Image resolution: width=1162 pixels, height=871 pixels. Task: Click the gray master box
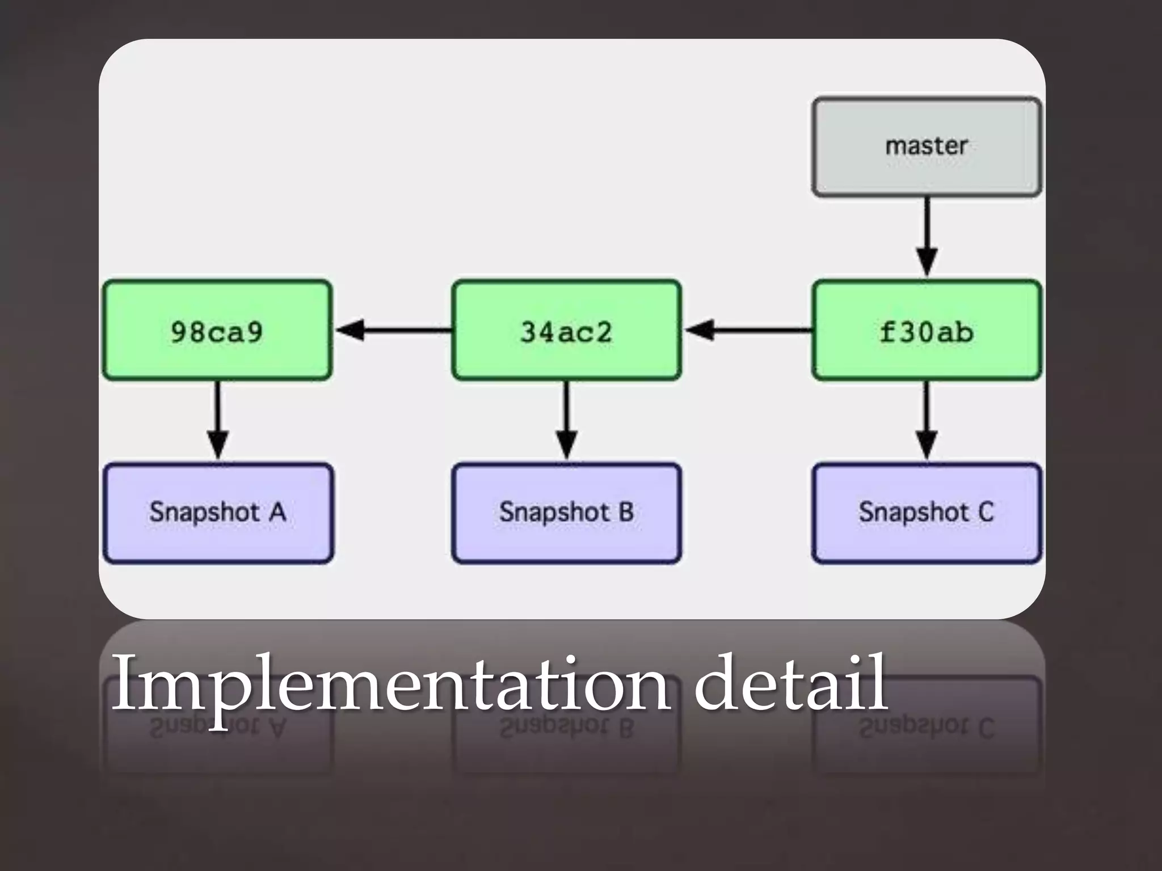[x=927, y=147]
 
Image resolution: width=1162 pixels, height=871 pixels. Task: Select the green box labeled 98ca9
[x=217, y=330]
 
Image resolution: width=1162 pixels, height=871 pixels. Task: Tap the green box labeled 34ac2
[x=566, y=330]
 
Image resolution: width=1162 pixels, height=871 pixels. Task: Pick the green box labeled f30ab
[x=927, y=330]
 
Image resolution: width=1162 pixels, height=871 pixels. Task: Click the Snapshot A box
[x=218, y=513]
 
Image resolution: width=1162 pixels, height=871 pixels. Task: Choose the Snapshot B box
[x=566, y=513]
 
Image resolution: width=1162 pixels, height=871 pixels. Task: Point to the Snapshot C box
[x=927, y=513]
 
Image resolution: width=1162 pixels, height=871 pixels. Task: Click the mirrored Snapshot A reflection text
[x=218, y=728]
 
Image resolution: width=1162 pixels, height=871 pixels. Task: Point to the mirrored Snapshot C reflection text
[x=927, y=728]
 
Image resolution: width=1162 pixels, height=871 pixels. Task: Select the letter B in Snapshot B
[x=626, y=512]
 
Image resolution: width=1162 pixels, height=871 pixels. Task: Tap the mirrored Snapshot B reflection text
[x=566, y=728]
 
